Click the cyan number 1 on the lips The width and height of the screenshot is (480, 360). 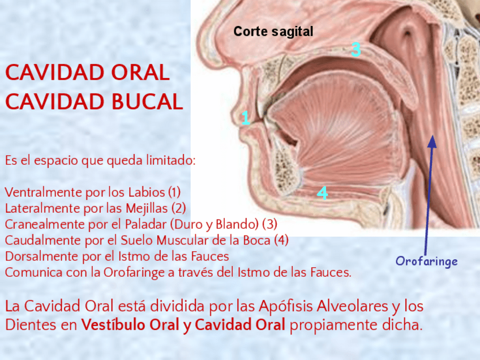246,118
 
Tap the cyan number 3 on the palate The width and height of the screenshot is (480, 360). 355,49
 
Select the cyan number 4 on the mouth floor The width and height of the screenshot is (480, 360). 322,193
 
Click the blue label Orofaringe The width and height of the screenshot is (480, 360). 426,262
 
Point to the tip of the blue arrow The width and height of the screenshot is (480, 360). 432,136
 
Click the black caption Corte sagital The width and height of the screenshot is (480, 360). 273,32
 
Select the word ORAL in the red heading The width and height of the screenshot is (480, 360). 140,72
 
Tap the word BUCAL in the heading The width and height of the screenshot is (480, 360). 147,102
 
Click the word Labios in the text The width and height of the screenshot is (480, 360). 147,192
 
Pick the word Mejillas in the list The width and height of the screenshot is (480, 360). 147,208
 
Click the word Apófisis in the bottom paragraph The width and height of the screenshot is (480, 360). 286,306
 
